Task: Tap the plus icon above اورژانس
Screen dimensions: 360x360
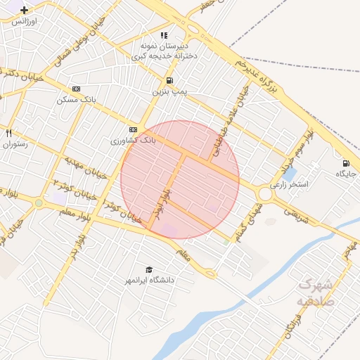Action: point(25,11)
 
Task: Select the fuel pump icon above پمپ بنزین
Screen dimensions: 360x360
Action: point(169,80)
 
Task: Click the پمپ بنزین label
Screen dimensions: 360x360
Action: point(169,91)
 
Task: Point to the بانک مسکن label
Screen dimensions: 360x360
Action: point(76,100)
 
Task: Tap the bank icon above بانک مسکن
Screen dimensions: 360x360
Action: point(76,89)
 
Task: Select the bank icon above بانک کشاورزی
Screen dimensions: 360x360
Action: point(133,130)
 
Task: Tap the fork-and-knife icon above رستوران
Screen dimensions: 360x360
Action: point(8,133)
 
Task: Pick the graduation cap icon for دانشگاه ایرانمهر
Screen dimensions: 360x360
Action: point(148,270)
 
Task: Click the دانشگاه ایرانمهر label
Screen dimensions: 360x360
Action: point(148,281)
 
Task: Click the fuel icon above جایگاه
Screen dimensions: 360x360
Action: point(345,163)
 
